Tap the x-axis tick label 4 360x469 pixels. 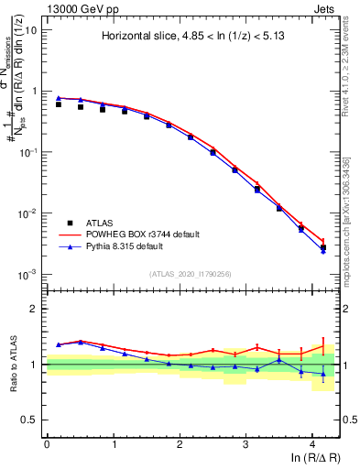(x=312, y=443)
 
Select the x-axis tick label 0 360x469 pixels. (x=47, y=443)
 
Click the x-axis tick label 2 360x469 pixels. (x=180, y=443)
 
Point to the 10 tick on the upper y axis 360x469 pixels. (x=32, y=30)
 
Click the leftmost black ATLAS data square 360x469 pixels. (x=59, y=104)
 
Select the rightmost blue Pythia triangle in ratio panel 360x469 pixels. (x=322, y=374)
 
